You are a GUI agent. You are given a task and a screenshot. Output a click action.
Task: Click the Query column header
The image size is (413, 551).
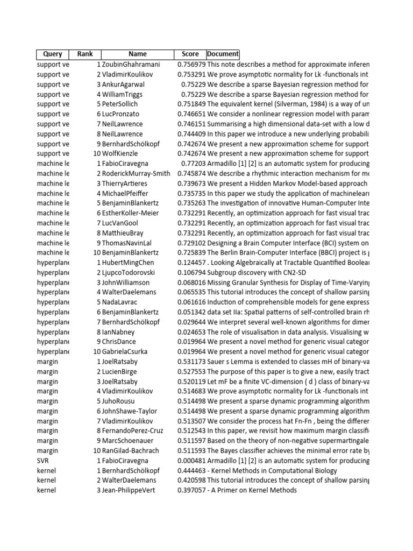coord(52,54)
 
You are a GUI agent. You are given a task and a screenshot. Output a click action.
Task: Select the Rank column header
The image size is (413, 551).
coord(84,54)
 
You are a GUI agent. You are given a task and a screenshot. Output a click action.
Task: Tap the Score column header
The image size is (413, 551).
coord(190,54)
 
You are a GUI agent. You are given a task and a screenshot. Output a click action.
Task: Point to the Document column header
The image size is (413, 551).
coord(223,54)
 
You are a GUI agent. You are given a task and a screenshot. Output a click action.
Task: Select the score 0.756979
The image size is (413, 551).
coord(191,65)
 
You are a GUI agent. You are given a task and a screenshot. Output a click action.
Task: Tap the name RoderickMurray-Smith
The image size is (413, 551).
coord(136,173)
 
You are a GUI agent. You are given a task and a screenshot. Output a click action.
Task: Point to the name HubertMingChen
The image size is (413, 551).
coord(127,263)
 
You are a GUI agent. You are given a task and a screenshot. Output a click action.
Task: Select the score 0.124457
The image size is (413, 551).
coord(191,263)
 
